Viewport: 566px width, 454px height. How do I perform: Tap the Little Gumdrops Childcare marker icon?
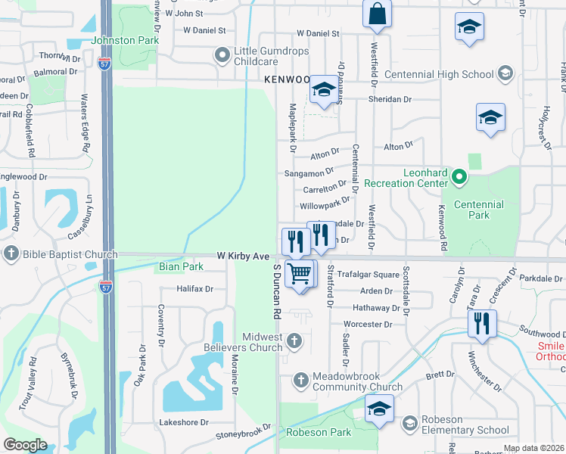tap(222, 55)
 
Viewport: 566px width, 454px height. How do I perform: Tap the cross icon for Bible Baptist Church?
tap(11, 253)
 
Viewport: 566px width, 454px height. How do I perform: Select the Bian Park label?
tap(180, 267)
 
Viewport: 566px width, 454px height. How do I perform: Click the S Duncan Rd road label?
tap(277, 291)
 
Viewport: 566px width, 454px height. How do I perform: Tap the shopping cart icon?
tap(300, 272)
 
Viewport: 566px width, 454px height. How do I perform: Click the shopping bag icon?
tap(377, 13)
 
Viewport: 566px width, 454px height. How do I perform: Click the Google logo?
tap(25, 445)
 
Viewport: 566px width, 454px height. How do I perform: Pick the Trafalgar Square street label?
tap(368, 275)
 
